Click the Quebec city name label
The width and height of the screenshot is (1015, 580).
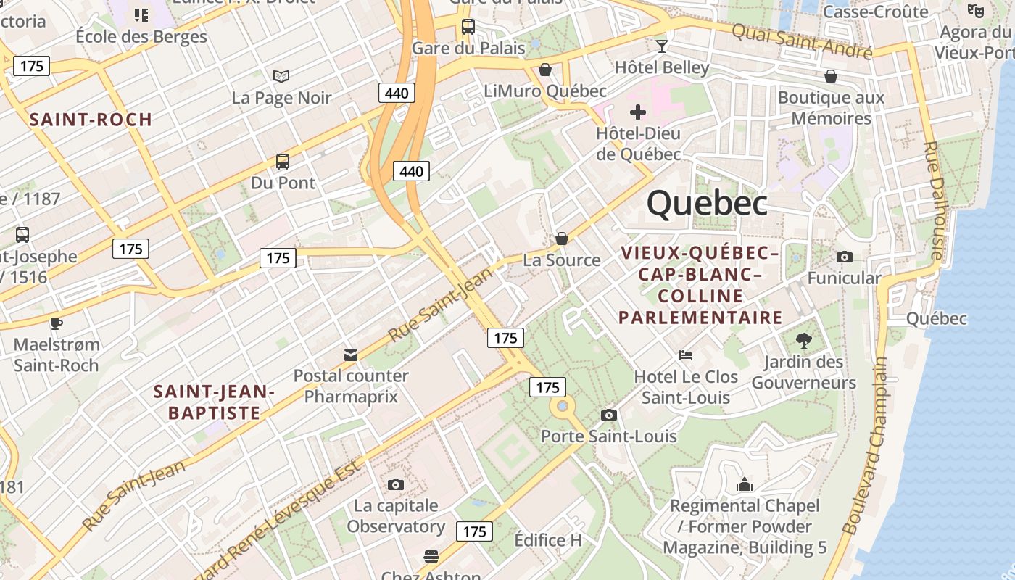[x=707, y=203]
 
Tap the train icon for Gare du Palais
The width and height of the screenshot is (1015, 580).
[x=468, y=27]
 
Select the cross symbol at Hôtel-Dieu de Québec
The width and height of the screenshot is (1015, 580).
[x=638, y=112]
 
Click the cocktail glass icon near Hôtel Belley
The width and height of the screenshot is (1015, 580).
[x=661, y=47]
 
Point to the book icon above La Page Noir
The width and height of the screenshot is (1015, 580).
[x=281, y=76]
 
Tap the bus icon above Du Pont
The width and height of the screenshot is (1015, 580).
[x=283, y=162]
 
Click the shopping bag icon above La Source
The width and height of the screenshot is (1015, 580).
[x=561, y=239]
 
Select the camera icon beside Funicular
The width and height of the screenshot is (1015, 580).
[x=844, y=257]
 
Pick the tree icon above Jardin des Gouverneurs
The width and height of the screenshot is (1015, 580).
[x=803, y=340]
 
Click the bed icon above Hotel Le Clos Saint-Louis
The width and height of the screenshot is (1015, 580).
[x=686, y=355]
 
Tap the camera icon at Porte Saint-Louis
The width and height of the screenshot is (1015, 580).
[x=609, y=415]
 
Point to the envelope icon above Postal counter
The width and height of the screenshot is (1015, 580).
[x=351, y=355]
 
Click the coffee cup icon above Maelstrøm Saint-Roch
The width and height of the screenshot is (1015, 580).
[x=56, y=323]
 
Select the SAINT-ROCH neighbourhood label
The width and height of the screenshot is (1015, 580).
[x=91, y=120]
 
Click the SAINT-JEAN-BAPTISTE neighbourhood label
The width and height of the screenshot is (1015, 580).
[x=214, y=402]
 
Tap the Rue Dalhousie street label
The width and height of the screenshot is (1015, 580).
[x=933, y=201]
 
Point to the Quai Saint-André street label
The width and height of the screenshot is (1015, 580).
[x=801, y=41]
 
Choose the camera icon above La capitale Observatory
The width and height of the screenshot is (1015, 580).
[x=395, y=484]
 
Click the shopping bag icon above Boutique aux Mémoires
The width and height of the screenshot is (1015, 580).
[x=831, y=76]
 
